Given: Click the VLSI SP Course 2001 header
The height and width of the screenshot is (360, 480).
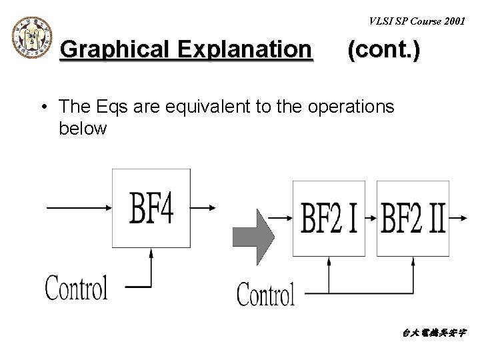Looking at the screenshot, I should (x=417, y=21).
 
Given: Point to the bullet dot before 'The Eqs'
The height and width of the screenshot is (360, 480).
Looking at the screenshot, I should (x=43, y=107).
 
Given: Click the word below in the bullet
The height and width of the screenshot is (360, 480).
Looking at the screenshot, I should (x=82, y=128).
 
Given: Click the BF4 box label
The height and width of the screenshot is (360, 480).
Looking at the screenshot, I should (x=152, y=209).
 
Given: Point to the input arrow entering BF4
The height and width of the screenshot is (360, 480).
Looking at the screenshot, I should (x=79, y=207).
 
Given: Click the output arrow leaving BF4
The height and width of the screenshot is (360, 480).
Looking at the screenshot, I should (x=203, y=207).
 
